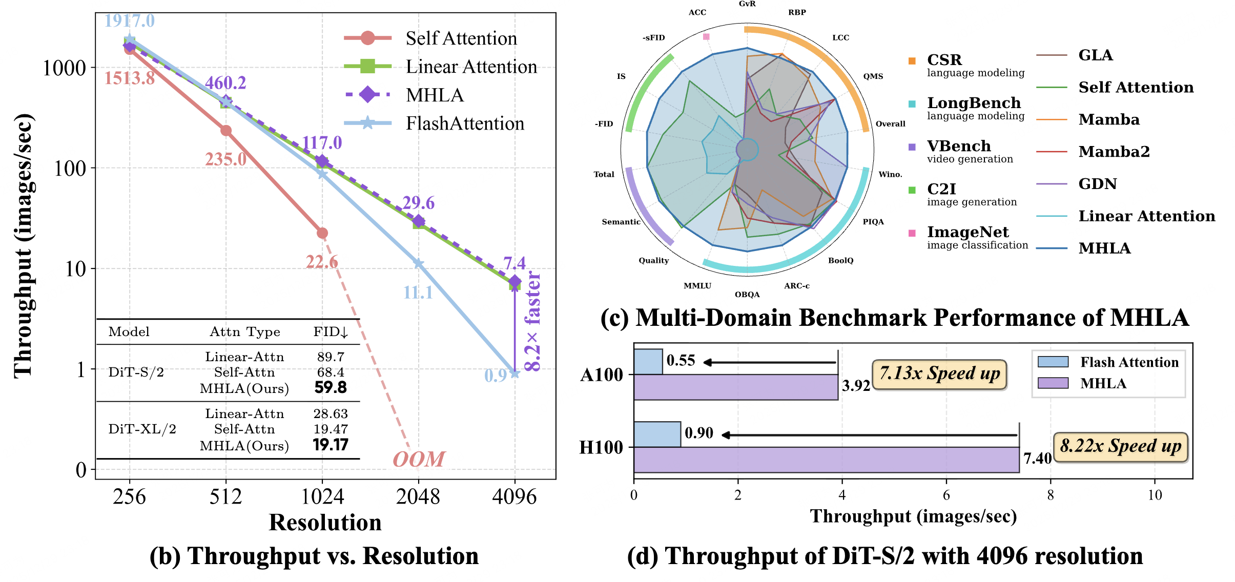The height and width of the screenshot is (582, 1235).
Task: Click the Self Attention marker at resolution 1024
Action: click(322, 233)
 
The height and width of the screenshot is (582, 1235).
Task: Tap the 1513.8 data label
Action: click(130, 78)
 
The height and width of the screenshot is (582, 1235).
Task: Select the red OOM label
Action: click(419, 459)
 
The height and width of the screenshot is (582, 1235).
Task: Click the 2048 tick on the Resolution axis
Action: click(418, 496)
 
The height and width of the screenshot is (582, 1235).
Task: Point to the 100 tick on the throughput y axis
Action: click(70, 169)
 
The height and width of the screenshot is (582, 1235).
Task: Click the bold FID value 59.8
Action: click(331, 387)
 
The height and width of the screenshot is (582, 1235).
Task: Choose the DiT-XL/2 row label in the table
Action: click(142, 429)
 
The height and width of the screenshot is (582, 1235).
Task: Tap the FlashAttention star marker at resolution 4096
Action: click(514, 373)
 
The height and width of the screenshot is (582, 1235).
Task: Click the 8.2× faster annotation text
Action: click(533, 322)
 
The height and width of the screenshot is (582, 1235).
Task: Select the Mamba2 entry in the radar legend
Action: click(1114, 152)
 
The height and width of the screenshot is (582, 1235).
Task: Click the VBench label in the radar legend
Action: click(958, 146)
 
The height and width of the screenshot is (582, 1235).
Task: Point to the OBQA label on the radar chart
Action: click(747, 295)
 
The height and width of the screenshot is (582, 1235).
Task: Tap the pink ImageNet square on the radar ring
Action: click(706, 36)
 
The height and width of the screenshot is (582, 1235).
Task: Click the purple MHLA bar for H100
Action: click(826, 460)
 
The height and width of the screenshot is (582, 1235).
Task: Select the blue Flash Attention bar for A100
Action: click(648, 362)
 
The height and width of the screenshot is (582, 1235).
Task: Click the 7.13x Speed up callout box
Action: click(939, 374)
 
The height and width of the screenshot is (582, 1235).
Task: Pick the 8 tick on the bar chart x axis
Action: click(1051, 495)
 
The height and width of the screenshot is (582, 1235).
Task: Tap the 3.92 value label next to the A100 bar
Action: click(856, 385)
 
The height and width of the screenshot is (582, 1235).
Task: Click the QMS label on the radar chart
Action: click(873, 76)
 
